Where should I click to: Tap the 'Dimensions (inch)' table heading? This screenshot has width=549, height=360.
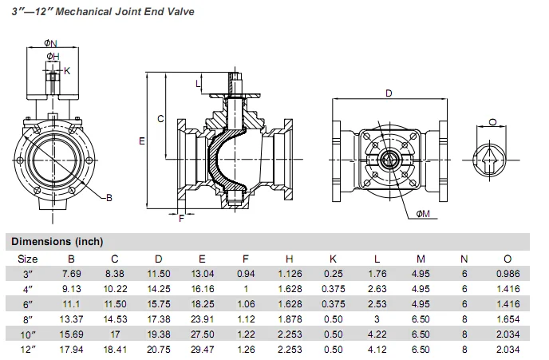pyautogui.click(x=57, y=241)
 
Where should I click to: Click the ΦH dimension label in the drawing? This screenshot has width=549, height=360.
pyautogui.click(x=52, y=56)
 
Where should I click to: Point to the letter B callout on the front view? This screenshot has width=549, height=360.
pyautogui.click(x=109, y=196)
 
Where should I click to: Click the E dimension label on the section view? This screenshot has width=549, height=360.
pyautogui.click(x=141, y=141)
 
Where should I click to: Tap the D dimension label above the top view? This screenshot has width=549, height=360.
pyautogui.click(x=389, y=93)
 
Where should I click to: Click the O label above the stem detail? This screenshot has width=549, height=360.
pyautogui.click(x=492, y=122)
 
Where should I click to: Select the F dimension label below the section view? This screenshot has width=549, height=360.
pyautogui.click(x=181, y=218)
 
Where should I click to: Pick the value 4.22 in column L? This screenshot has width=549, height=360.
pyautogui.click(x=377, y=334)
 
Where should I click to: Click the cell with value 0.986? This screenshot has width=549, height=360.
pyautogui.click(x=506, y=274)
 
